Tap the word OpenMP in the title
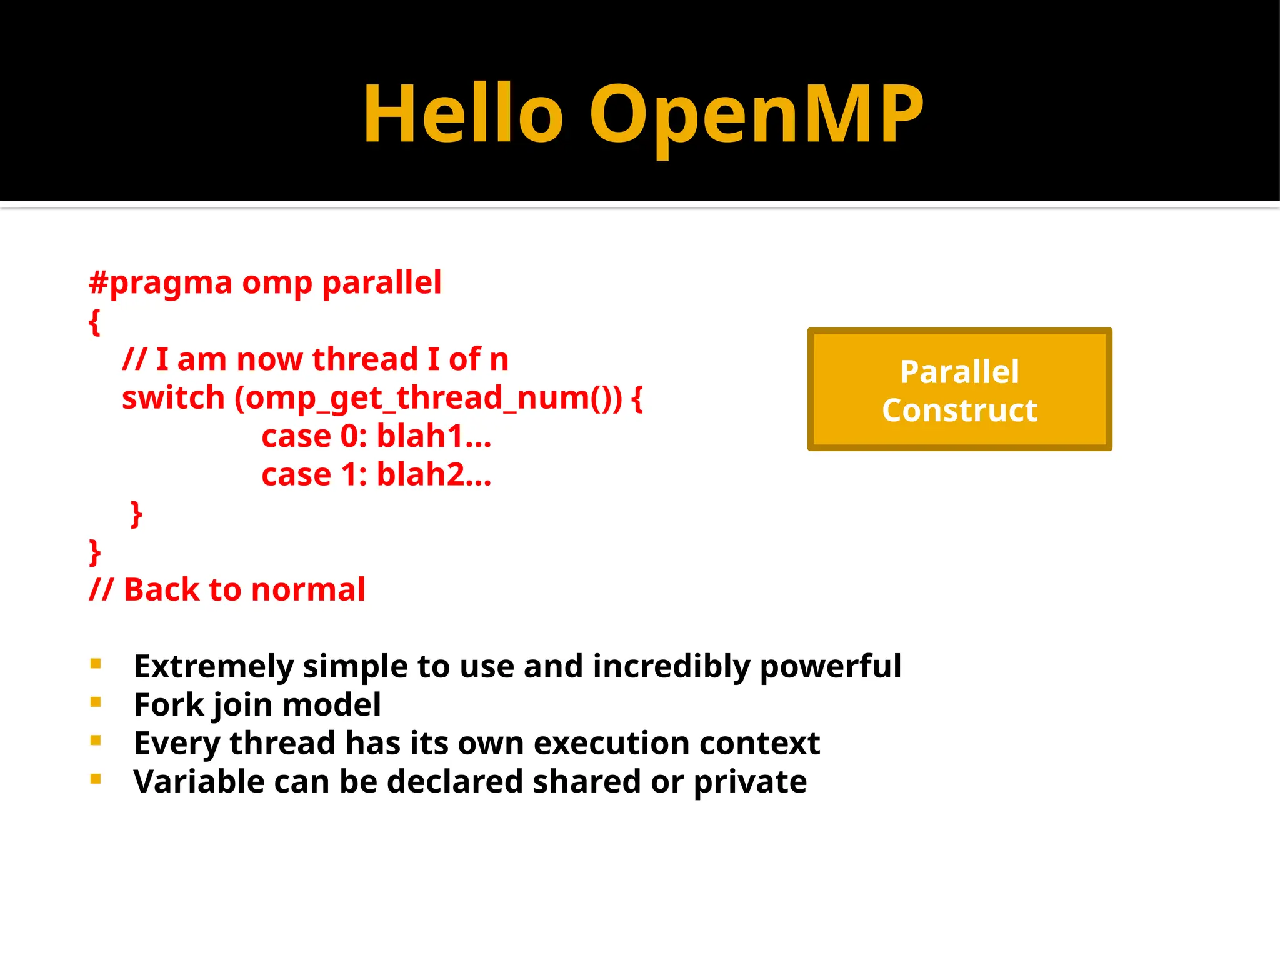tap(756, 116)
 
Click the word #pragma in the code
tap(161, 283)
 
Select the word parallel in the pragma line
tap(382, 283)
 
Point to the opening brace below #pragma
tap(94, 322)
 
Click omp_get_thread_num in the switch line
tap(427, 399)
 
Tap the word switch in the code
tap(173, 398)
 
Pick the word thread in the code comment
tap(365, 359)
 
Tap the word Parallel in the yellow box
tap(959, 372)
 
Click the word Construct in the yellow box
tap(959, 411)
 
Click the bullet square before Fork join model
tap(96, 702)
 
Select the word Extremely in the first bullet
tap(213, 667)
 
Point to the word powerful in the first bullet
tap(831, 667)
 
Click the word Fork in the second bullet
tap(169, 705)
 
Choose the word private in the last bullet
tap(750, 782)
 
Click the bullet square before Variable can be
tap(96, 779)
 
